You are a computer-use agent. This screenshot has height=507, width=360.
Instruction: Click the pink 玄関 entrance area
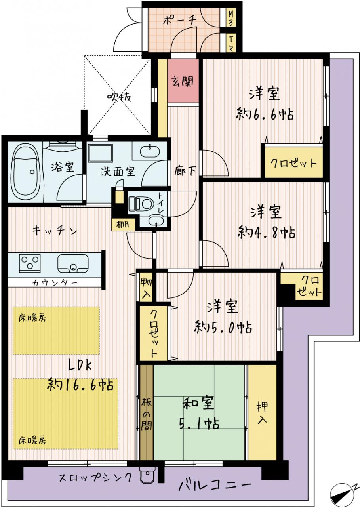(183, 81)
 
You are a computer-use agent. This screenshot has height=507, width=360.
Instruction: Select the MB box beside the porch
(231, 18)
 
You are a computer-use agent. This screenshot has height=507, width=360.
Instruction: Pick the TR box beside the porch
(231, 43)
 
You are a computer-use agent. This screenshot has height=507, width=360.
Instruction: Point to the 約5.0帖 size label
(223, 327)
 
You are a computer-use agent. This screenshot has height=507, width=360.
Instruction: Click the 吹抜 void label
(119, 97)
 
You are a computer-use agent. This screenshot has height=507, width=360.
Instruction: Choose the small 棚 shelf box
(123, 225)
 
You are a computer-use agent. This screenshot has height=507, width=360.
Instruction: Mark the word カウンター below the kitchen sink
(55, 283)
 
